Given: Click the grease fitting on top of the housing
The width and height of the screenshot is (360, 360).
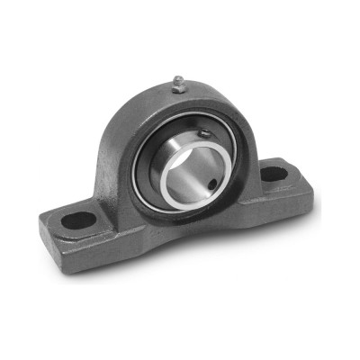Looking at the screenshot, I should coord(178,83).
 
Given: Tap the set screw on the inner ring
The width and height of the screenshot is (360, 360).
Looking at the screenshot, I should coord(205,135).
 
